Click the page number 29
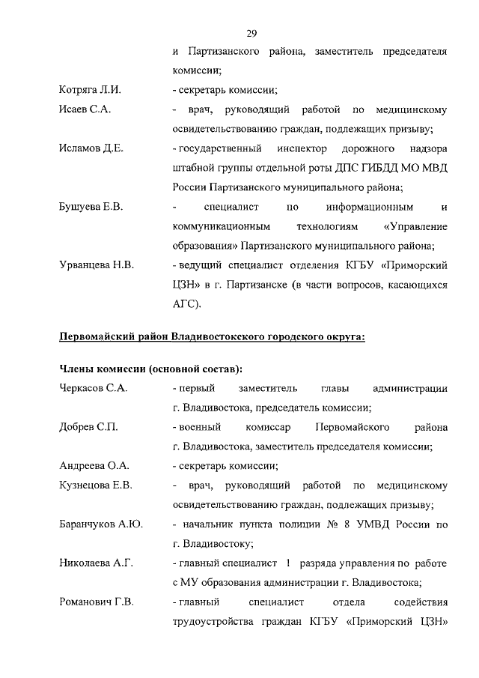tap(251, 32)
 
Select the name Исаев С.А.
tap(85, 110)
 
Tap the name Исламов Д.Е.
tap(91, 148)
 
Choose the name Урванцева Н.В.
tap(96, 265)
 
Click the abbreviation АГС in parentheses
tap(186, 304)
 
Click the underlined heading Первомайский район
tap(212, 336)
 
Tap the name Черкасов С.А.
tap(93, 388)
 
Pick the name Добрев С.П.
tap(88, 427)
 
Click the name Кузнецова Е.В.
tap(96, 485)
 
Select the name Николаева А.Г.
tap(96, 563)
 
